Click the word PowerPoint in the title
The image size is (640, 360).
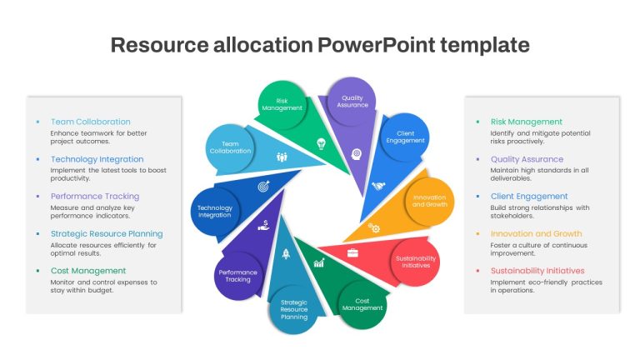coord(376,45)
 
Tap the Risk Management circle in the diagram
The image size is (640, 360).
coord(282,104)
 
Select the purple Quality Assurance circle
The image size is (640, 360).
coord(352,101)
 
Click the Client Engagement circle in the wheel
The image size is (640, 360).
coord(405,137)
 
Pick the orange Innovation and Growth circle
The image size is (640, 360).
coord(430,201)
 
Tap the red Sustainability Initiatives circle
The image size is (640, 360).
coord(416,262)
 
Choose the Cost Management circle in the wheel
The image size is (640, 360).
coord(362,304)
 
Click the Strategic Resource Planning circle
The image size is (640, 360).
coord(294,310)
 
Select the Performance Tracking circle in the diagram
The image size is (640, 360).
coord(238,276)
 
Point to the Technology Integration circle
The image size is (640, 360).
coord(215,212)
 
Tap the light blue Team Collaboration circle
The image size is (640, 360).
coord(230,147)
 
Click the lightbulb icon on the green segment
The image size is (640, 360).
coord(321,143)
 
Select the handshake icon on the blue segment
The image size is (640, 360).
coord(378,186)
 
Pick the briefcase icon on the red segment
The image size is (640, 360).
coord(352,253)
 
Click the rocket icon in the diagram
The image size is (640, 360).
coord(286,254)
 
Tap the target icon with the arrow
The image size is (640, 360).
coord(263,186)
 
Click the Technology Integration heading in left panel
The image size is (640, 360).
coord(97,159)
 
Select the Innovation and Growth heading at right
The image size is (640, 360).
coord(537,233)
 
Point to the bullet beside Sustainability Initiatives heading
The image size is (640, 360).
coord(478,271)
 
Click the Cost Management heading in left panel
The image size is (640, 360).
coord(88,271)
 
